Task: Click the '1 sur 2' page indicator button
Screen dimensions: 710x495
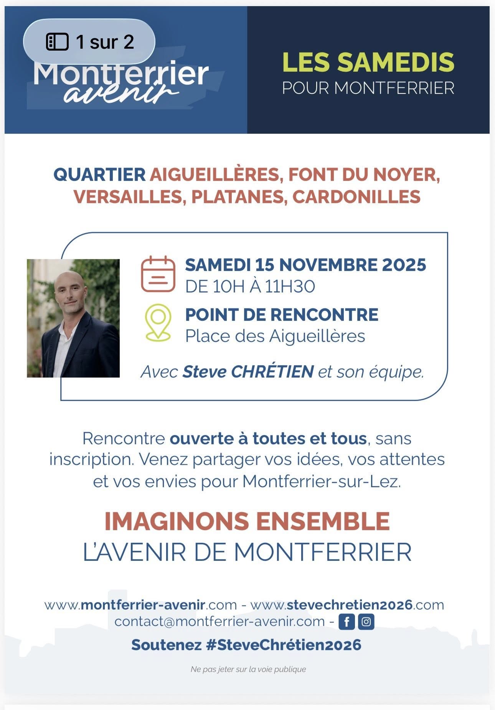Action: pos(89,41)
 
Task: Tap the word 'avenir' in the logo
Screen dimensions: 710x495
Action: pos(121,93)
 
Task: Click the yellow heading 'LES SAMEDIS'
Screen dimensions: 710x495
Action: pos(368,62)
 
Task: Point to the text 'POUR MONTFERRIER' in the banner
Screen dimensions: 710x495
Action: pos(368,88)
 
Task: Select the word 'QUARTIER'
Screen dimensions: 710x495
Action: pos(99,175)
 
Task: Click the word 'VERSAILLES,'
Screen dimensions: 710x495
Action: pos(130,197)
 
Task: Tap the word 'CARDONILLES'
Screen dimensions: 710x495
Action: pos(356,197)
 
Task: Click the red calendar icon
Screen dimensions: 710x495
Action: pos(158,274)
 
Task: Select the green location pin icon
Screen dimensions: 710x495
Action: pos(158,322)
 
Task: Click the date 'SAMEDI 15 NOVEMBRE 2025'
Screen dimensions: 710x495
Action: pos(305,265)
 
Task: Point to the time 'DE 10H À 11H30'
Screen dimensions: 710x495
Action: pos(250,286)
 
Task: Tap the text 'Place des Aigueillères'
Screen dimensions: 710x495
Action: pos(275,336)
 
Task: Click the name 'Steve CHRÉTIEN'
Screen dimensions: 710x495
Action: pos(248,371)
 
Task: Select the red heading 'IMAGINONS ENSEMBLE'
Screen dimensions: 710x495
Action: pos(247,521)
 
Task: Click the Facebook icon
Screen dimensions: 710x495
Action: pos(346,621)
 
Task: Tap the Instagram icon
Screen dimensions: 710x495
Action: pos(366,621)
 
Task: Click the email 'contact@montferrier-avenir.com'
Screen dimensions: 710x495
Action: pos(219,621)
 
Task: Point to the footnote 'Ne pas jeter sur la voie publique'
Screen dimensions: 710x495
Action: pos(248,669)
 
